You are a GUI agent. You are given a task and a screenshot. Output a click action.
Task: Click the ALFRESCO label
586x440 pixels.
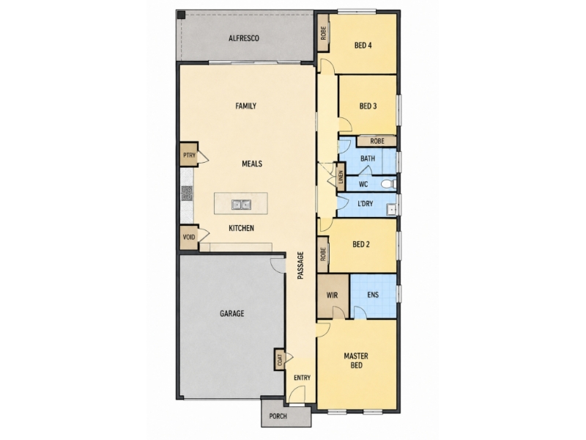[x=244, y=38]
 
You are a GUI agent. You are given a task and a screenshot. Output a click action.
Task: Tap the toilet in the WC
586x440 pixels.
[x=389, y=184]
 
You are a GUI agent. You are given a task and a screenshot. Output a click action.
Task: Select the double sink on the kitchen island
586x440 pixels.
[x=241, y=205]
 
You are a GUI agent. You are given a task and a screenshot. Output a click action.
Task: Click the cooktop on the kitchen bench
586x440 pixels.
[x=187, y=194]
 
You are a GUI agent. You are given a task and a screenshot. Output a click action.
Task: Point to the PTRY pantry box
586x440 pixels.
[x=189, y=155]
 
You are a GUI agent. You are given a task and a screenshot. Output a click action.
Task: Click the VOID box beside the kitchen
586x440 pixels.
[x=189, y=237]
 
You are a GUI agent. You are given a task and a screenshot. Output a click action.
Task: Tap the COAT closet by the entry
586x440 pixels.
[x=280, y=359]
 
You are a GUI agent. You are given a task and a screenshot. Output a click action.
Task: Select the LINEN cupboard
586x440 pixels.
[x=341, y=175]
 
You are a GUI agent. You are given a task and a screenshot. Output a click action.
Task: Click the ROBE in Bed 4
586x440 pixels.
[x=323, y=33]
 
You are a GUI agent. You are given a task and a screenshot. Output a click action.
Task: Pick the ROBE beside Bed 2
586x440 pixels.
[x=323, y=254]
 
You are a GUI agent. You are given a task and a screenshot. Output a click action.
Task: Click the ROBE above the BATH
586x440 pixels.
[x=377, y=141]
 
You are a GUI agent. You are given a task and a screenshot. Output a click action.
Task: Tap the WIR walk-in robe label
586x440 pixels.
[x=333, y=296]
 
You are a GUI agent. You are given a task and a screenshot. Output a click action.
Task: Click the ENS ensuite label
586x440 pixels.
[x=373, y=295]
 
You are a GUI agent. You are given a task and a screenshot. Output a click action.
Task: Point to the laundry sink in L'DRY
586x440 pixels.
[x=391, y=210]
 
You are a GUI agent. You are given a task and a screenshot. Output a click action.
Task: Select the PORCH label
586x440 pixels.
[x=278, y=416]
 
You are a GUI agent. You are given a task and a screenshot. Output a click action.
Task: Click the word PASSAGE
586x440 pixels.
[x=300, y=265]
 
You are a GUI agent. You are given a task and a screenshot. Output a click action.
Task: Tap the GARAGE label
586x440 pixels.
[x=231, y=314]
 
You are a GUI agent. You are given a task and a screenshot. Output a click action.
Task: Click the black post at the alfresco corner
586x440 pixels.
[x=181, y=15]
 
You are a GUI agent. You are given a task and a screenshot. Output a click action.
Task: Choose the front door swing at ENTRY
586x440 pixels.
[x=297, y=395]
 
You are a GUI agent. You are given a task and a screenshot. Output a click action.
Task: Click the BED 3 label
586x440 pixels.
[x=368, y=106]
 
